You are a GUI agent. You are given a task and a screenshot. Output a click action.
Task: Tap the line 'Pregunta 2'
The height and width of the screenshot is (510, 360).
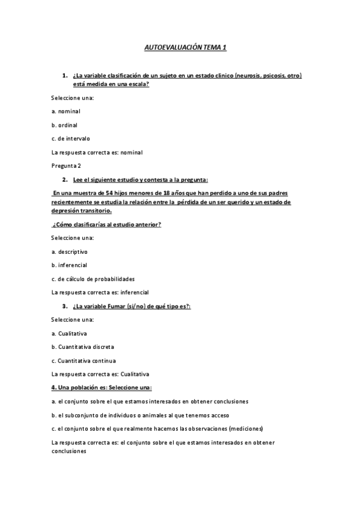(x=67, y=165)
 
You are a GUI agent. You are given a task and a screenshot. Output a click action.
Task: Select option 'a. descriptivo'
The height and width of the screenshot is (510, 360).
(x=70, y=251)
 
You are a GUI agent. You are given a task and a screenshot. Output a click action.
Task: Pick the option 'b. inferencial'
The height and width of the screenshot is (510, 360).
(x=69, y=265)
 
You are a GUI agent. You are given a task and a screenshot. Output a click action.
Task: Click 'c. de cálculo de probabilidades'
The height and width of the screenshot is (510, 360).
(x=93, y=278)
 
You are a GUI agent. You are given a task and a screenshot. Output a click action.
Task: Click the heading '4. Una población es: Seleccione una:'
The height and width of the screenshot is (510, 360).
(x=102, y=387)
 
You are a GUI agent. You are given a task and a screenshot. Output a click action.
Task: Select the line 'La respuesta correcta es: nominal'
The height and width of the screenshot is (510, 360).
(x=97, y=152)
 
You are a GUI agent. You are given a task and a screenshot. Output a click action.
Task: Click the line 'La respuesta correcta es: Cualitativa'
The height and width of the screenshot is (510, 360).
(x=100, y=373)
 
